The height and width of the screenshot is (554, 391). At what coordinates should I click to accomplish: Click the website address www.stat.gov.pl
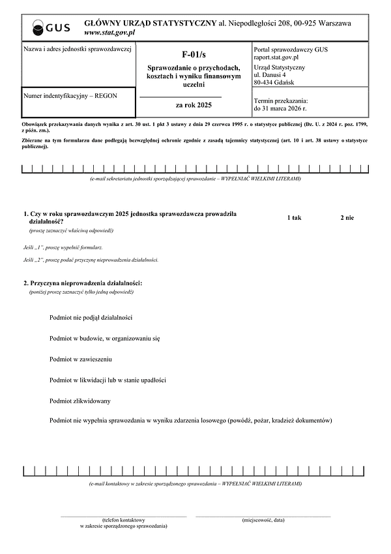(x=109, y=32)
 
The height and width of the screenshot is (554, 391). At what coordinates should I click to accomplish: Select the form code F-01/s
(x=194, y=55)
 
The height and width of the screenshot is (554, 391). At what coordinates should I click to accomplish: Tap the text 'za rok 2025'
(x=194, y=104)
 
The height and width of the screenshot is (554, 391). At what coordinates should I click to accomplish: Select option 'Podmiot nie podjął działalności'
(x=91, y=317)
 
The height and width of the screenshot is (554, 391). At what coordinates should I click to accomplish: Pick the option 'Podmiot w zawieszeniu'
(x=80, y=359)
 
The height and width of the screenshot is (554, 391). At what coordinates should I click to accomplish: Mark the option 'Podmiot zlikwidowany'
(x=80, y=401)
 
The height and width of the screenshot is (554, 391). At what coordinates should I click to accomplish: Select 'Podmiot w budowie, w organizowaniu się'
(x=104, y=338)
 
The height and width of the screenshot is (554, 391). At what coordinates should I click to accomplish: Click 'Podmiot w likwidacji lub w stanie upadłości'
(x=108, y=380)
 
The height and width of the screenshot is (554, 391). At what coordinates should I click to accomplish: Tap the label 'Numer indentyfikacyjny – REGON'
(x=70, y=96)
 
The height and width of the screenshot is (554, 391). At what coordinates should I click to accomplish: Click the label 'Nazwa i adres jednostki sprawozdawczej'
(x=78, y=49)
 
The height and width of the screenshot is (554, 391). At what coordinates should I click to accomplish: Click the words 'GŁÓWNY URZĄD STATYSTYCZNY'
(x=150, y=23)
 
